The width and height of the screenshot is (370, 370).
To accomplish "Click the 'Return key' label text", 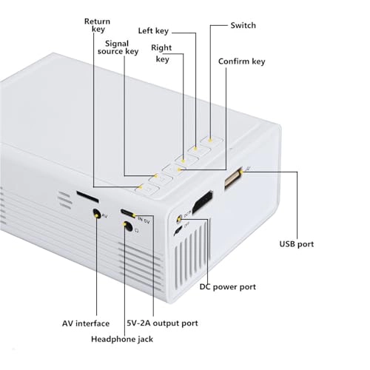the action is point(97,25).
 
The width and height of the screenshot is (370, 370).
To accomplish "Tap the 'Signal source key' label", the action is point(118,47).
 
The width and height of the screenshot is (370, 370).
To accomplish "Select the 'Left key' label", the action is point(153,31).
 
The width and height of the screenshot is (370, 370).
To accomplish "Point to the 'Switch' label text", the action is point(243,25).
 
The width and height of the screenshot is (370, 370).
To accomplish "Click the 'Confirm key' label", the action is point(242,61).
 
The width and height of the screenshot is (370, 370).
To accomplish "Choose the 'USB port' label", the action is point(297,244).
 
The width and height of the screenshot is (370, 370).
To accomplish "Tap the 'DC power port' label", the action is point(228,287).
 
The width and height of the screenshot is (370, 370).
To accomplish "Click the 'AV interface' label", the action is point(86,323).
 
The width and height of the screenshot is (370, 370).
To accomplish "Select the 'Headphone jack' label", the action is point(122,339).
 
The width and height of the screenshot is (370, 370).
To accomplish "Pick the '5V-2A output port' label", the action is point(162,323).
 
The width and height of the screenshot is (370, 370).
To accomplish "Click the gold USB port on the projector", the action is point(233,178).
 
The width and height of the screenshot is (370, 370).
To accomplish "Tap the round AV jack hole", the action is point(96,213).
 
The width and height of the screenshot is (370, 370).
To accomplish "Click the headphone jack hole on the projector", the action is point(128,226).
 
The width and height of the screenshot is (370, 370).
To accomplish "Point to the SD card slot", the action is point(87,196).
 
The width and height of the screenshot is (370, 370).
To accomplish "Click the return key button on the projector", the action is point(147,190).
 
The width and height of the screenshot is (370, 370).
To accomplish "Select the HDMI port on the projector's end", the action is point(203,201).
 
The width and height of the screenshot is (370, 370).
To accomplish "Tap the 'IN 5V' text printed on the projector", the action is point(144,220).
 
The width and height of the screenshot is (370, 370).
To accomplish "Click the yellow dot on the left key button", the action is point(195,149).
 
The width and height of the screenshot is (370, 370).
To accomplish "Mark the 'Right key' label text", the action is point(161,53).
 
